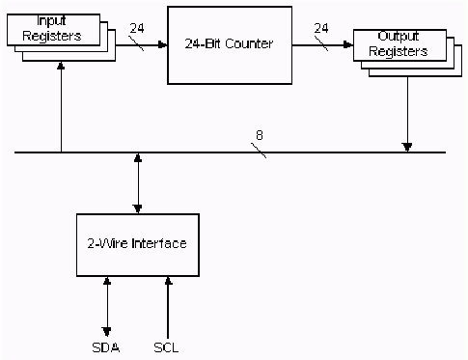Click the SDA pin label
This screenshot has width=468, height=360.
(106, 346)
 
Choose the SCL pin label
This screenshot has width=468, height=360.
(167, 346)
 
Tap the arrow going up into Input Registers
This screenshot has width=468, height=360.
(62, 106)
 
